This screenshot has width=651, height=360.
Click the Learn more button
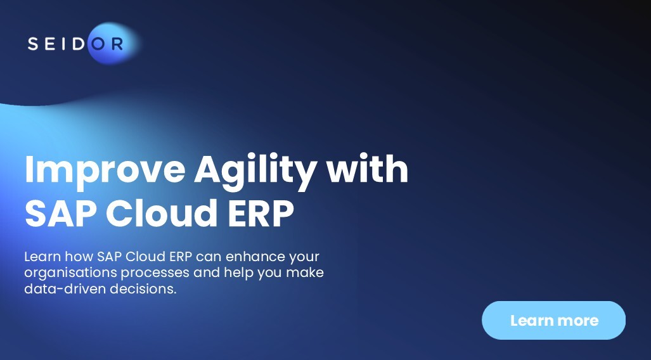coord(553,321)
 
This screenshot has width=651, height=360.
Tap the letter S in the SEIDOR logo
coord(33,44)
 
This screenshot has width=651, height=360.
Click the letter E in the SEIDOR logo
coord(50,44)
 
